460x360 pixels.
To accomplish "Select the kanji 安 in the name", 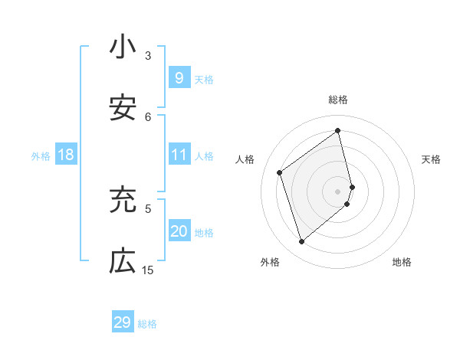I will tap(123, 109).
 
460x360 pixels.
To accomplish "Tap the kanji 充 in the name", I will tap(123, 200).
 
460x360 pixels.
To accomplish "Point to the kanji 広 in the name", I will tap(123, 261).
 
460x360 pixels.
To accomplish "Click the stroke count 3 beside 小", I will tap(148, 56).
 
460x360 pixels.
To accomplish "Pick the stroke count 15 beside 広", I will tap(148, 270).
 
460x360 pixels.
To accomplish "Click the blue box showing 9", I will tap(179, 78).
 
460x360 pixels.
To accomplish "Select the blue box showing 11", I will tap(179, 155).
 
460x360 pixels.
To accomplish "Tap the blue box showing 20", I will tap(179, 231).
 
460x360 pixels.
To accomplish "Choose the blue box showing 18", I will tap(66, 155).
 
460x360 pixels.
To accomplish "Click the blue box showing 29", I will tap(123, 322).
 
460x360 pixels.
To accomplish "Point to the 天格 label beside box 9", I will tap(204, 80).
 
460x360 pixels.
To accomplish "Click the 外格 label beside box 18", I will tap(41, 156).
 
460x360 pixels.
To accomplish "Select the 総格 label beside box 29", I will tap(147, 324).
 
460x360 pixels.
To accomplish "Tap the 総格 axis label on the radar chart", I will tap(338, 100).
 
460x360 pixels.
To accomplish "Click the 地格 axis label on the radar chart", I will tap(402, 263).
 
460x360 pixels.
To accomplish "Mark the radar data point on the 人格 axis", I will tap(280, 173).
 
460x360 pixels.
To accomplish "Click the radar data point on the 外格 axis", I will tap(301, 242).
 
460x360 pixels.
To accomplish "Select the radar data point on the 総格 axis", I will tap(338, 131).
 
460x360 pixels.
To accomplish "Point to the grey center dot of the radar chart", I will tap(338, 191).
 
